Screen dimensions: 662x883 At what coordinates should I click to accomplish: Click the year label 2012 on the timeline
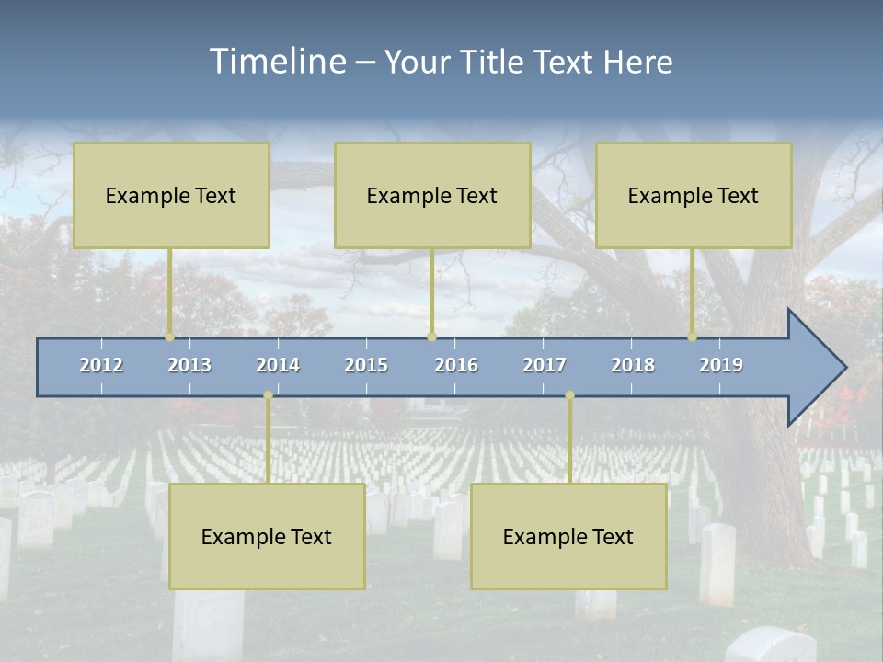[101, 365]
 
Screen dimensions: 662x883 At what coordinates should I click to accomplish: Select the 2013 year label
[189, 365]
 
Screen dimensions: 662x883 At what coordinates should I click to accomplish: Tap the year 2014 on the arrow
[278, 365]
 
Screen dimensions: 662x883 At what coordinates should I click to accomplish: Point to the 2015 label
[366, 365]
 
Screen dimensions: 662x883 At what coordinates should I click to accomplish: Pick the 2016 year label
[456, 365]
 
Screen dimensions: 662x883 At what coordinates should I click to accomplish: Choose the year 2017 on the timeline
[545, 365]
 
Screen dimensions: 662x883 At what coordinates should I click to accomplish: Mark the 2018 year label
[633, 365]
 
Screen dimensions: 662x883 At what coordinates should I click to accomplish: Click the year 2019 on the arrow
[721, 365]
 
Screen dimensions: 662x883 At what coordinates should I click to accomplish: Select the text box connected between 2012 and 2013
[171, 195]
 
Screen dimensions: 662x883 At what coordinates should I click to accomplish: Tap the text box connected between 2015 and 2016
[432, 195]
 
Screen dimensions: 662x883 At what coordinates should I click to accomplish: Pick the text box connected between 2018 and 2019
[694, 195]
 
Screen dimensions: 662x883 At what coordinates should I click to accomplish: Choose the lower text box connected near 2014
[267, 536]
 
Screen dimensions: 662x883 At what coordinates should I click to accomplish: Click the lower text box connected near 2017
[568, 536]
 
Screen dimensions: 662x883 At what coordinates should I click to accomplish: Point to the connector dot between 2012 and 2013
[170, 337]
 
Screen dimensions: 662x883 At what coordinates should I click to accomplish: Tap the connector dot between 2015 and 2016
[432, 337]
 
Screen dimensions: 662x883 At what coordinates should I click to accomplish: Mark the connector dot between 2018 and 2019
[693, 337]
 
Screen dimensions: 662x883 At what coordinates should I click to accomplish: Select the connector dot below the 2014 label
[268, 395]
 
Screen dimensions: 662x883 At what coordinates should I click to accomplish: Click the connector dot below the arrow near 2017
[569, 395]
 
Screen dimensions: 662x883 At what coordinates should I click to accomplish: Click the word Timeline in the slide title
[277, 62]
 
